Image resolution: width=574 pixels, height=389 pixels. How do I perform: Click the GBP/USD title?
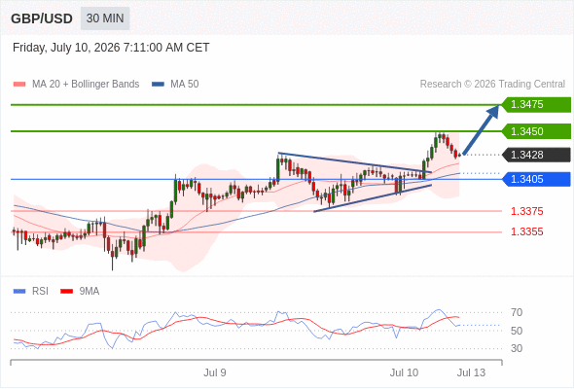point(42,18)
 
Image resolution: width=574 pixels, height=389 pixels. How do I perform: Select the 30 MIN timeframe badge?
point(105,18)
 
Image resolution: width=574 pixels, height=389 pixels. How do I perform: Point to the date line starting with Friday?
point(111,48)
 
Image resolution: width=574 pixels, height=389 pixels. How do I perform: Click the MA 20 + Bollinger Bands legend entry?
point(76,85)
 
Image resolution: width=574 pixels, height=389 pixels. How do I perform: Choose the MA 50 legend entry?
point(175,85)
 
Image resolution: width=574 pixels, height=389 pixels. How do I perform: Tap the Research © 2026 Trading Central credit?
point(492,85)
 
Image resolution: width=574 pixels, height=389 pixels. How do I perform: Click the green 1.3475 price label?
point(536,105)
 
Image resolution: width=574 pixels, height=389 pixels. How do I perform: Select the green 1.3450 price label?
point(536,131)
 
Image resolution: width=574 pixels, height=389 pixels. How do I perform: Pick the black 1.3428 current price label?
point(536,155)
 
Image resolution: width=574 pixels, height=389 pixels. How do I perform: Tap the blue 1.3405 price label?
point(536,179)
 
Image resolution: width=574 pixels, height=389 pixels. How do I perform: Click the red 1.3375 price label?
point(526,211)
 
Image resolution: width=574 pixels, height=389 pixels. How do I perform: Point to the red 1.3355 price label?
point(526,231)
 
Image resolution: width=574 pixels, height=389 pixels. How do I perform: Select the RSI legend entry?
point(31,292)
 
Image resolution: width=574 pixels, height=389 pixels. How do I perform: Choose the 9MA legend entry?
point(80,292)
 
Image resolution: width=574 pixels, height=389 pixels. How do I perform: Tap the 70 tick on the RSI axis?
point(517,312)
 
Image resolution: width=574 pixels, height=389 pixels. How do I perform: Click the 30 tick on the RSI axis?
point(517,348)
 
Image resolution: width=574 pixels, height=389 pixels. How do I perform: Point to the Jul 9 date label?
point(215,372)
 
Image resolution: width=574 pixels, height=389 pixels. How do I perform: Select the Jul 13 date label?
point(471,372)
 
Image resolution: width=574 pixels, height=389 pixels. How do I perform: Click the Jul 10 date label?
point(404,372)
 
